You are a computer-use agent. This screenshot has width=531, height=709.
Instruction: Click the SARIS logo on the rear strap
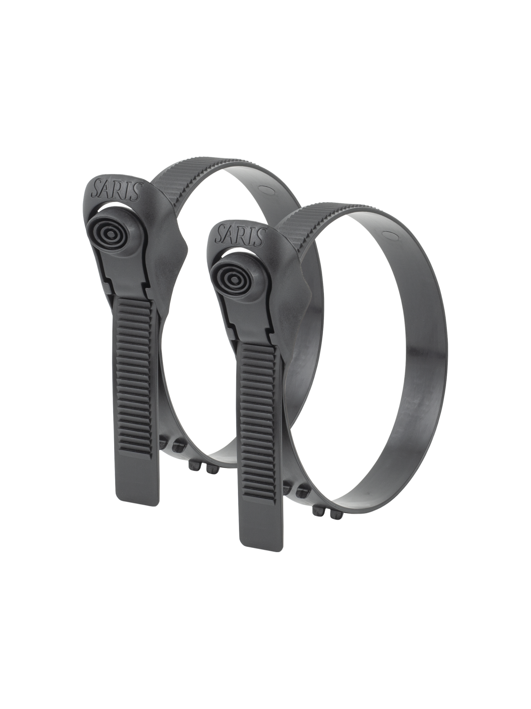116,190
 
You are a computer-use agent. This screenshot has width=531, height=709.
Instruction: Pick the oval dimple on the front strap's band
390,234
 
